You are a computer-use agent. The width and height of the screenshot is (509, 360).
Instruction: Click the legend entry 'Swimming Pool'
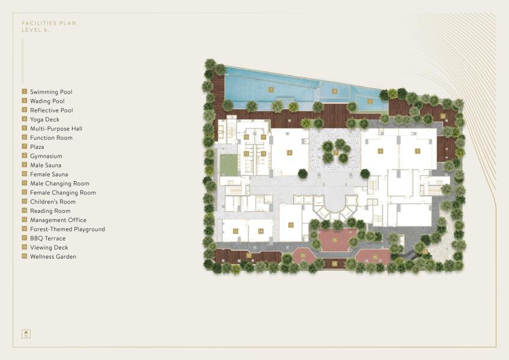pos(51,92)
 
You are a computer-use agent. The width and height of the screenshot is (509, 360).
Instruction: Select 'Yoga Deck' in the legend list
pos(44,119)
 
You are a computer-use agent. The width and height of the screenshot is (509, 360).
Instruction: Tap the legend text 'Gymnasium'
pos(46,156)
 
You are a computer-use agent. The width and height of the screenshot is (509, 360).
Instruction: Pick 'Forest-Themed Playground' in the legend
pos(67,229)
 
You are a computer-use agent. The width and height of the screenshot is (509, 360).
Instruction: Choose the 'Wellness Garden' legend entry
pos(53,257)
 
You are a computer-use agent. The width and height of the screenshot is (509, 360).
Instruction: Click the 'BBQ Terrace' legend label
pos(48,238)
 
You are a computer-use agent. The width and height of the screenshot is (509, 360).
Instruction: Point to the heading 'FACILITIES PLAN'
pos(49,23)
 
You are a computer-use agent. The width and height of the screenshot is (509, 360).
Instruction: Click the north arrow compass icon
pos(26,334)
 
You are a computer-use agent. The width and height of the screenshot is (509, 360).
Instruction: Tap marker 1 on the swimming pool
pos(271,89)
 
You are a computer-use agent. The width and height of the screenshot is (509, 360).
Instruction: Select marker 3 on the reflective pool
pos(335,91)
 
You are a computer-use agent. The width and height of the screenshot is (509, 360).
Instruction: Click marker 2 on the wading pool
pos(370,101)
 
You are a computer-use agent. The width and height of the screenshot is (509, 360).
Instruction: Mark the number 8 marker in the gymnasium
pos(289,153)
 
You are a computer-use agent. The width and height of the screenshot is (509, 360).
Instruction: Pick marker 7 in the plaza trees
pos(336,153)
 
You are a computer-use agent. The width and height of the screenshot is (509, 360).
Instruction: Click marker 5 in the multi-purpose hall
pos(417,151)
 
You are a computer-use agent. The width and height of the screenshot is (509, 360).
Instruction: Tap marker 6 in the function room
pos(380,151)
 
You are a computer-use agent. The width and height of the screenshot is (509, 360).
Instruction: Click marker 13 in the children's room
pos(236,230)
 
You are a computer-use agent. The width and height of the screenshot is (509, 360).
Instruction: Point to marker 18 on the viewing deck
pos(335,263)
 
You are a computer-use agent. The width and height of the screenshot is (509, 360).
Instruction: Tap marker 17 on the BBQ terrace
pos(248,255)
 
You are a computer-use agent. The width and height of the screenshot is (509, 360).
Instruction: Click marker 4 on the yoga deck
pos(443,116)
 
